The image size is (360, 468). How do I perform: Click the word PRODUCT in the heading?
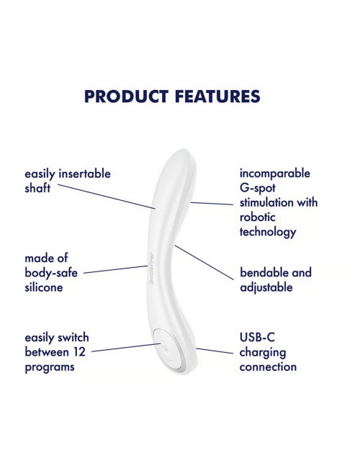click(127, 96)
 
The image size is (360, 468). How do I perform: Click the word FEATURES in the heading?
click(217, 96)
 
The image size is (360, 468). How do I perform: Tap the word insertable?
click(84, 174)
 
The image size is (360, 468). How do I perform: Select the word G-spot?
click(257, 189)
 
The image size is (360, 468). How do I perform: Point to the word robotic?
click(257, 217)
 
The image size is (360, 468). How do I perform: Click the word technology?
click(268, 232)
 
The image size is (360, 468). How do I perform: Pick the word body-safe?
click(51, 273)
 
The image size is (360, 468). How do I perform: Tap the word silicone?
click(44, 287)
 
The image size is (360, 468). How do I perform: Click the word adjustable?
click(266, 287)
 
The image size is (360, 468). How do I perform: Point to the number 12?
click(79, 352)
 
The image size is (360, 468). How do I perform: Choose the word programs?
click(50, 367)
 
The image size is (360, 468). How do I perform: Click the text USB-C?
click(257, 337)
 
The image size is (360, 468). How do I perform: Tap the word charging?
click(263, 353)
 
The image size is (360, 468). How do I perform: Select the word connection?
click(268, 366)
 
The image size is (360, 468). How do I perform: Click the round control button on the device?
click(168, 348)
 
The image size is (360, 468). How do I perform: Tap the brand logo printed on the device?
click(151, 268)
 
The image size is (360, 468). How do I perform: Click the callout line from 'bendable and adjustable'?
click(204, 263)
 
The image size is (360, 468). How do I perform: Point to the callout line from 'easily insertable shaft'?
click(107, 197)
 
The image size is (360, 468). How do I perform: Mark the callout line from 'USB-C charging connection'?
click(215, 351)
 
